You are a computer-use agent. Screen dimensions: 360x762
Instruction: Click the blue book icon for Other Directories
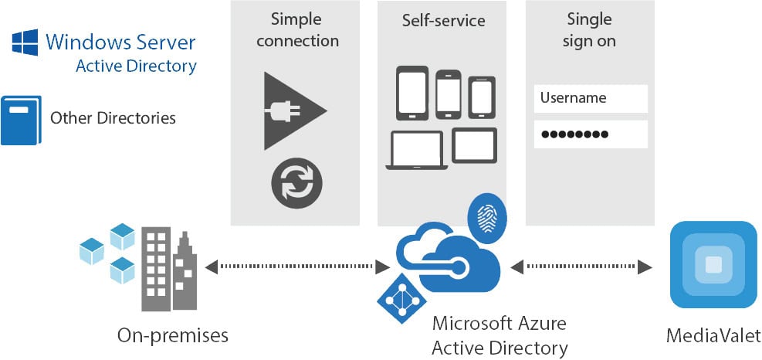pyautogui.click(x=20, y=120)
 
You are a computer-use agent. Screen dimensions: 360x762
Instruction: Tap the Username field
pyautogui.click(x=591, y=98)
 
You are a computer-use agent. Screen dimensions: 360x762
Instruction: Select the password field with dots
pyautogui.click(x=591, y=134)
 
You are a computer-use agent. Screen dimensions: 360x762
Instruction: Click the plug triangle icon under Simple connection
pyautogui.click(x=293, y=110)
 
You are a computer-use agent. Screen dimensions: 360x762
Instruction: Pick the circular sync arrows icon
pyautogui.click(x=296, y=184)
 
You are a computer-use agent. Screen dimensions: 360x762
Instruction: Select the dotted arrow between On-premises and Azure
pyautogui.click(x=297, y=267)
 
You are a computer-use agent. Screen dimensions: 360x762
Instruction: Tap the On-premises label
pyautogui.click(x=173, y=335)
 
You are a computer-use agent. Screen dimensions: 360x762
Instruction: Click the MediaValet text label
pyautogui.click(x=713, y=335)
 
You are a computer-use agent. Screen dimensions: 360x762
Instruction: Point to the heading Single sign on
pyautogui.click(x=589, y=29)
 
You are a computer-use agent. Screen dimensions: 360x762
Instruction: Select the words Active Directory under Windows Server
pyautogui.click(x=136, y=66)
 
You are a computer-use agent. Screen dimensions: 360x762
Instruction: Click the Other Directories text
pyautogui.click(x=113, y=118)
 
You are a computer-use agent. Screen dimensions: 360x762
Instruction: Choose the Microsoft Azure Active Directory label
pyautogui.click(x=500, y=335)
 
